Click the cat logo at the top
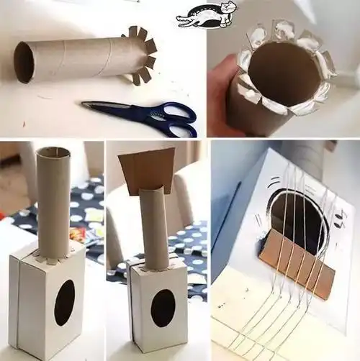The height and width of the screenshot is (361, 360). (207, 15)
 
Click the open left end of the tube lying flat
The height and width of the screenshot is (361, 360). (24, 63)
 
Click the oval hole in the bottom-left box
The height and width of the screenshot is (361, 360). (64, 302)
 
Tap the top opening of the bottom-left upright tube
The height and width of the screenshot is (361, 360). (53, 152)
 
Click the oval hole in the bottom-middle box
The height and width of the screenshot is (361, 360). (163, 308)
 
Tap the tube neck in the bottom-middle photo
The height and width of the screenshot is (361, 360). (153, 230)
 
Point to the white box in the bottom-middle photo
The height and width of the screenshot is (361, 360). (158, 309)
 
